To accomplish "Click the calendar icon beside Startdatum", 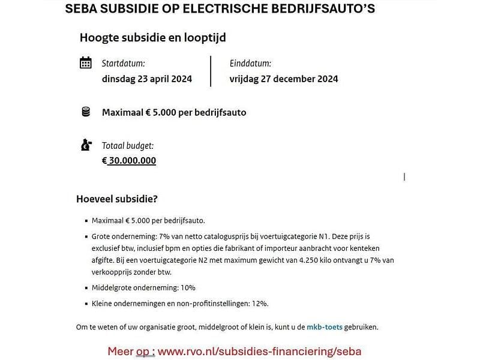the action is [x=86, y=63].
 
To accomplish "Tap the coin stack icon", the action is [x=86, y=112].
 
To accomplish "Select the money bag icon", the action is [x=86, y=145].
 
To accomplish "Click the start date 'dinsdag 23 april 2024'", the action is [x=147, y=79].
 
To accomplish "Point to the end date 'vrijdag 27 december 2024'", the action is [x=284, y=79].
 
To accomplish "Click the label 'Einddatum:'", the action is [x=250, y=63].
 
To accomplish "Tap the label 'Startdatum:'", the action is [x=124, y=63].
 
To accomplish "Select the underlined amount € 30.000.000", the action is [x=129, y=161].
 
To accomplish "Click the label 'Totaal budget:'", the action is [x=128, y=145].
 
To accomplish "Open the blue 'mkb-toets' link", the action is [x=325, y=327].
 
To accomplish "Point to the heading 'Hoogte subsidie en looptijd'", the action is [x=153, y=37].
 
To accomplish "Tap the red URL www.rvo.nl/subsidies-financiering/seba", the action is [x=260, y=351].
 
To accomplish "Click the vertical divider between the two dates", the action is [x=211, y=71].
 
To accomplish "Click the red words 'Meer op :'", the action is [x=131, y=351].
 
